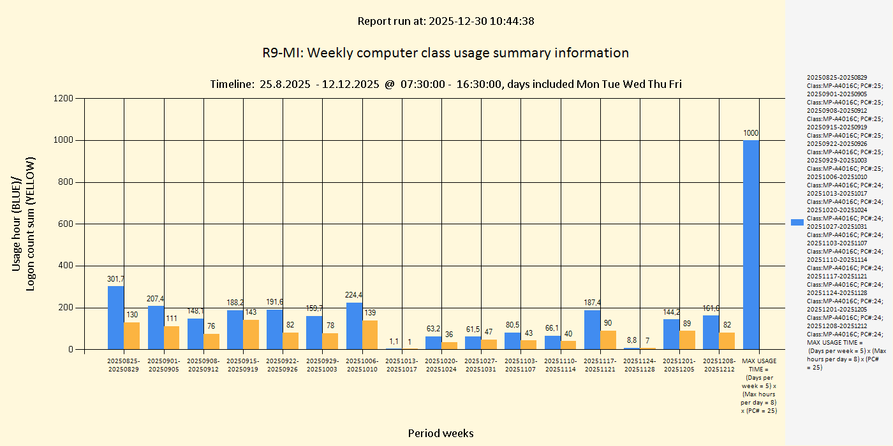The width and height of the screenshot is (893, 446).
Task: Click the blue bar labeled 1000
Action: (x=751, y=245)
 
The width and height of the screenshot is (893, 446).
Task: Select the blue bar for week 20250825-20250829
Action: (x=115, y=318)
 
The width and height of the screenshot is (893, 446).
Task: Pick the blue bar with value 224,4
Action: (x=354, y=326)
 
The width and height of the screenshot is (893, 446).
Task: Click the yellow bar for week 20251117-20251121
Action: (x=608, y=340)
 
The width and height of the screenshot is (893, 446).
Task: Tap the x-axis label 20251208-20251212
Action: (x=720, y=365)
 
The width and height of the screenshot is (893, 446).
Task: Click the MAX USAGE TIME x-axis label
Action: (x=759, y=385)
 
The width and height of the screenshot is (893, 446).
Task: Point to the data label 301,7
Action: (x=115, y=279)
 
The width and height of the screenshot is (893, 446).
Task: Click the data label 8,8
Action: (x=631, y=340)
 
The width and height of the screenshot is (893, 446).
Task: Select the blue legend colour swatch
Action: (x=797, y=222)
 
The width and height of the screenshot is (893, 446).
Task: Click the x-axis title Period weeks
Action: (x=441, y=433)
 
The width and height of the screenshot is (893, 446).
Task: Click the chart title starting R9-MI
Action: (x=445, y=53)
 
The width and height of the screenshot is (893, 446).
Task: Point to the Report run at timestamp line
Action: (x=445, y=21)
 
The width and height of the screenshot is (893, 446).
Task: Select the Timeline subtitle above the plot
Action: (x=445, y=84)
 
